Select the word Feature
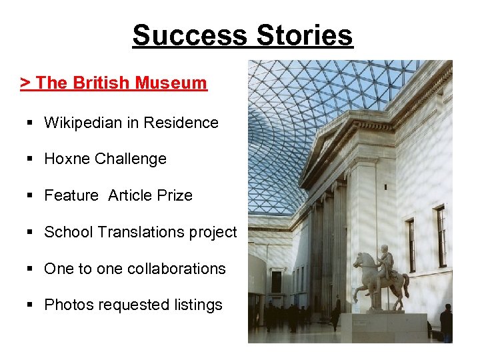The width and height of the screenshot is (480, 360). [71, 195]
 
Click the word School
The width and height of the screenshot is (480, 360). [68, 232]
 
